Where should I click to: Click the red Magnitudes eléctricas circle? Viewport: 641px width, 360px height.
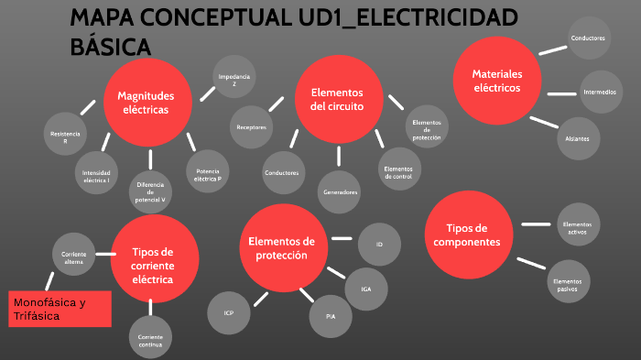click(146, 102)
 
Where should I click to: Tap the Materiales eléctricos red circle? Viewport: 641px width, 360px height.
click(496, 81)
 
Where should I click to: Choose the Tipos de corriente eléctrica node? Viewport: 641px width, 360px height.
click(152, 259)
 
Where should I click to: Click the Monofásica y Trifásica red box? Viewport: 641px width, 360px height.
click(60, 309)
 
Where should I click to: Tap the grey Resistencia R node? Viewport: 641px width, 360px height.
click(65, 137)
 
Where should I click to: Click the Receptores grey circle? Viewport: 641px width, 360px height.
click(251, 127)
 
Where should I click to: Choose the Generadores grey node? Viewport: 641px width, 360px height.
click(339, 192)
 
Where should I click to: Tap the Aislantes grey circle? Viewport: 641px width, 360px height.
click(579, 138)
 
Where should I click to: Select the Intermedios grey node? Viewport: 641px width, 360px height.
click(600, 92)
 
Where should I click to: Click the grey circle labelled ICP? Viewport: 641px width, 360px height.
click(229, 313)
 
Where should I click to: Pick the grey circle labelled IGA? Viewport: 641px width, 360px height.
click(365, 289)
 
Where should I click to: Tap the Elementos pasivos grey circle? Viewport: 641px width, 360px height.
click(569, 280)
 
